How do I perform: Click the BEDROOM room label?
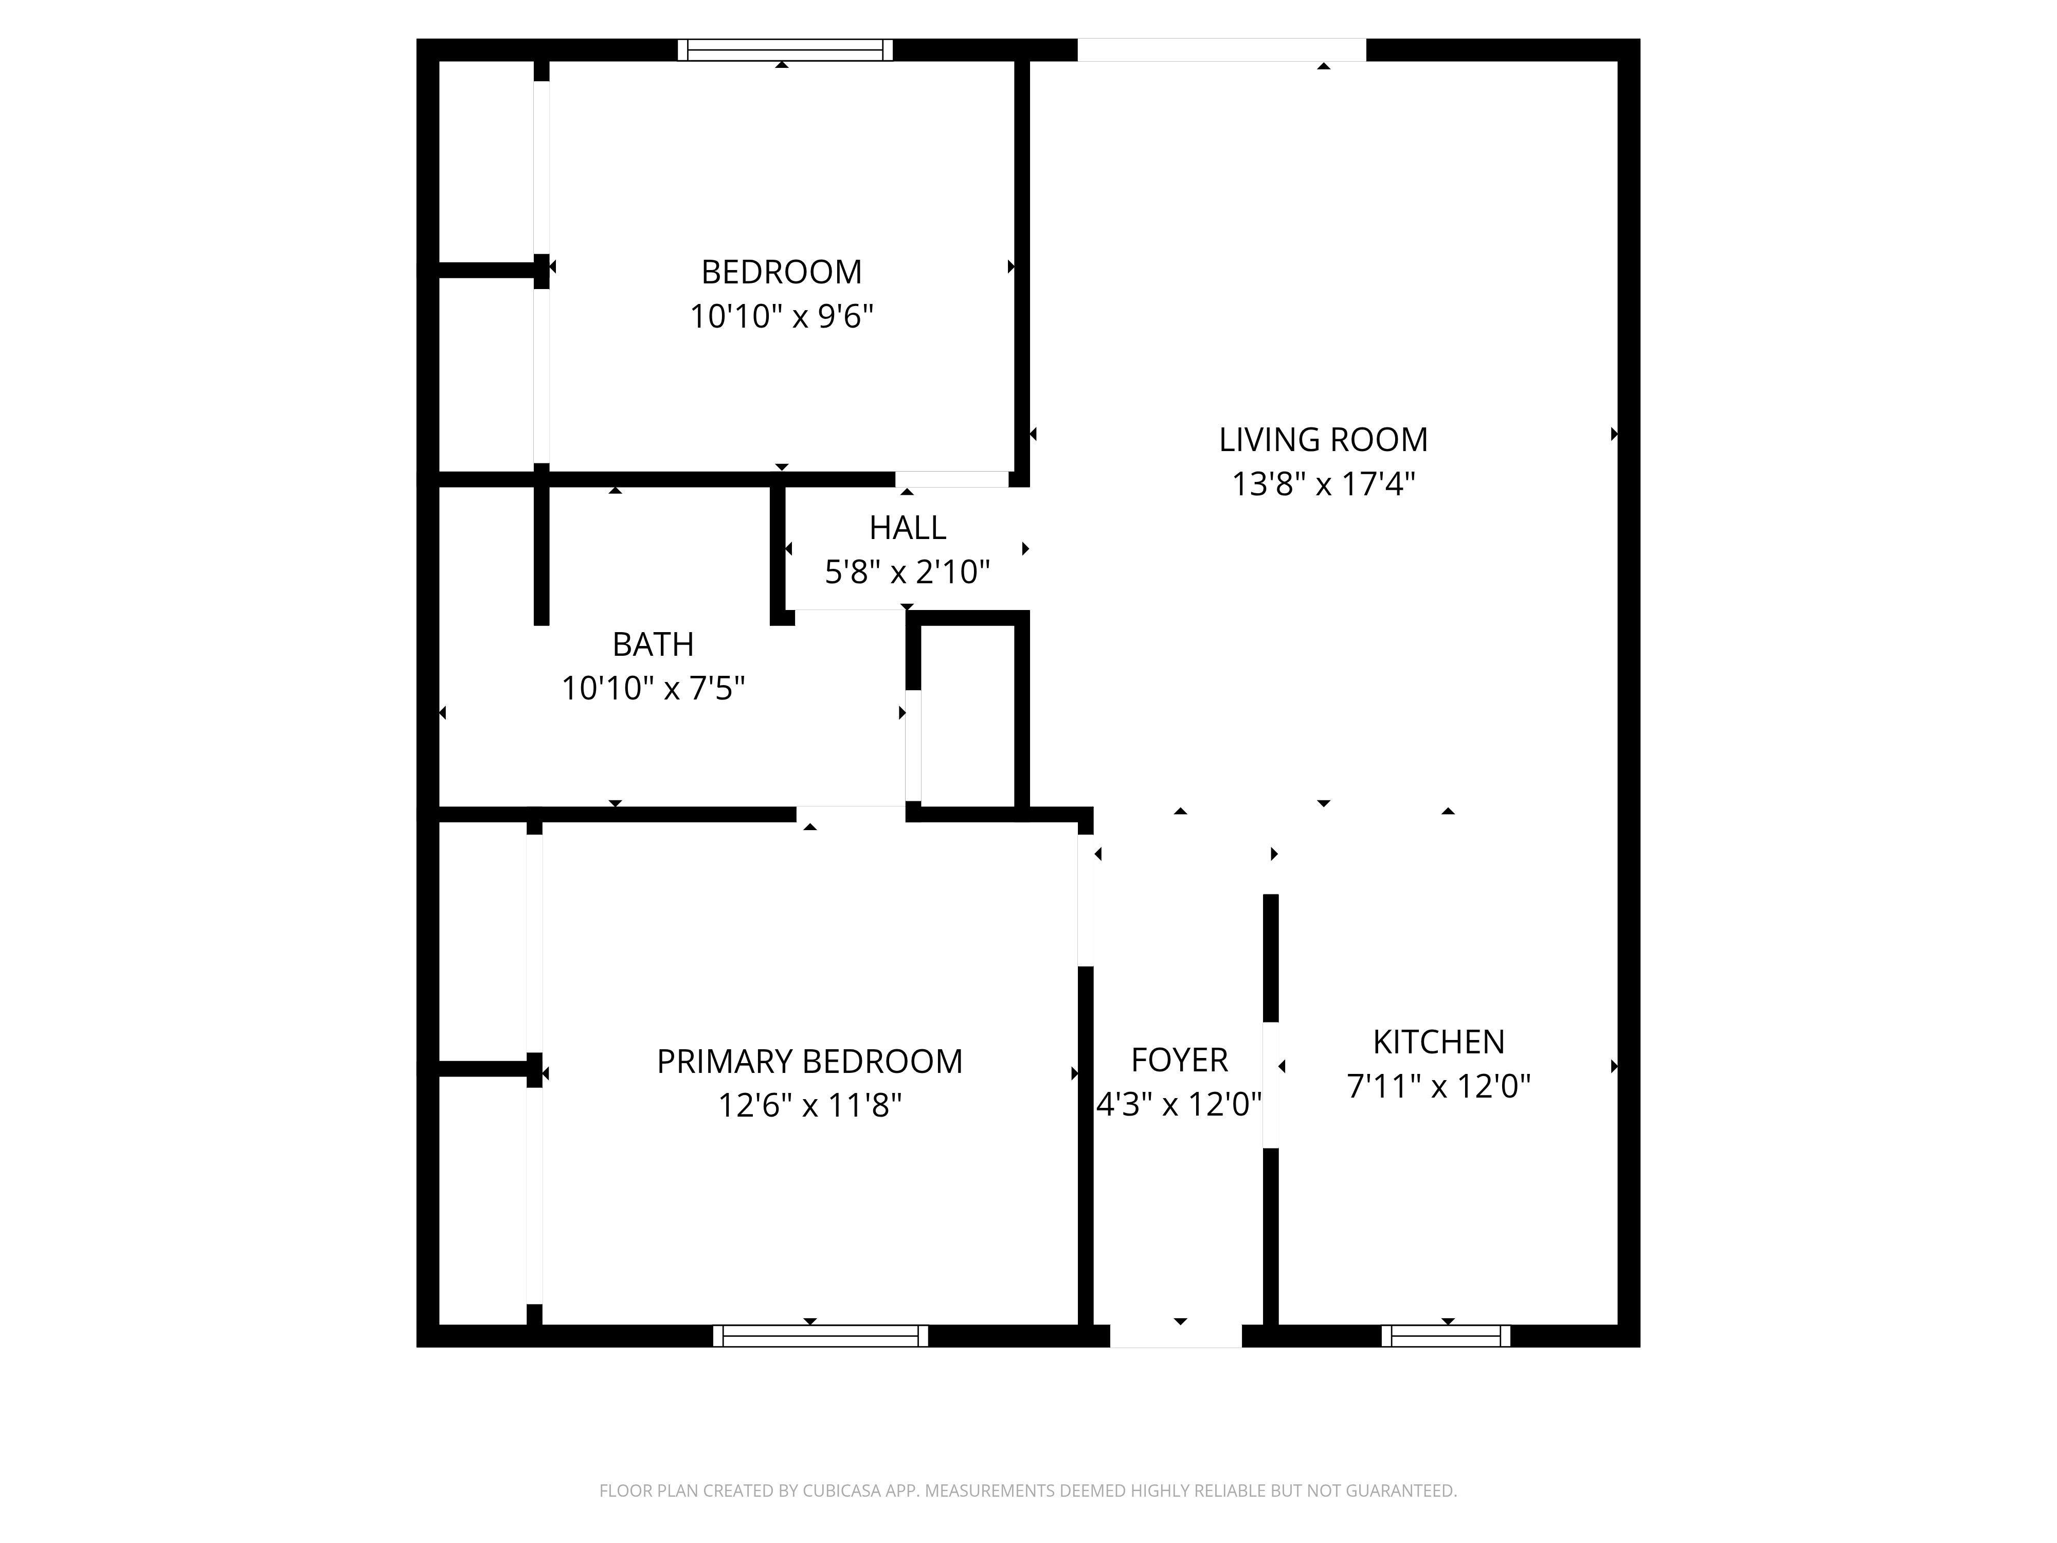click(x=781, y=273)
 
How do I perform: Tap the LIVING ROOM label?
click(x=1323, y=440)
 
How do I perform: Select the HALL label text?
click(x=908, y=528)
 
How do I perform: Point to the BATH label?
click(x=653, y=644)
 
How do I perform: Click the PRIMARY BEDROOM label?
click(x=809, y=1062)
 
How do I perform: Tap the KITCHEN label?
click(x=1438, y=1043)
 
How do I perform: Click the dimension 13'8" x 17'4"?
click(x=1323, y=485)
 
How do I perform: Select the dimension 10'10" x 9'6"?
click(x=781, y=317)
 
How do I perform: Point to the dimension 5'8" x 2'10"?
click(x=908, y=572)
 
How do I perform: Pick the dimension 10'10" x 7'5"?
click(x=653, y=689)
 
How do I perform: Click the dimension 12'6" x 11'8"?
click(x=809, y=1106)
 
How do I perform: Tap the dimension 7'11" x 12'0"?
click(x=1438, y=1086)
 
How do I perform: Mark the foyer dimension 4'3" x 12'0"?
click(x=1179, y=1105)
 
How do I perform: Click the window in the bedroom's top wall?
click(x=785, y=50)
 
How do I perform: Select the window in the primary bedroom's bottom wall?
click(x=820, y=1336)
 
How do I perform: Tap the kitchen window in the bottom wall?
click(x=1446, y=1336)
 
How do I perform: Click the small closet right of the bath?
click(x=967, y=714)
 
